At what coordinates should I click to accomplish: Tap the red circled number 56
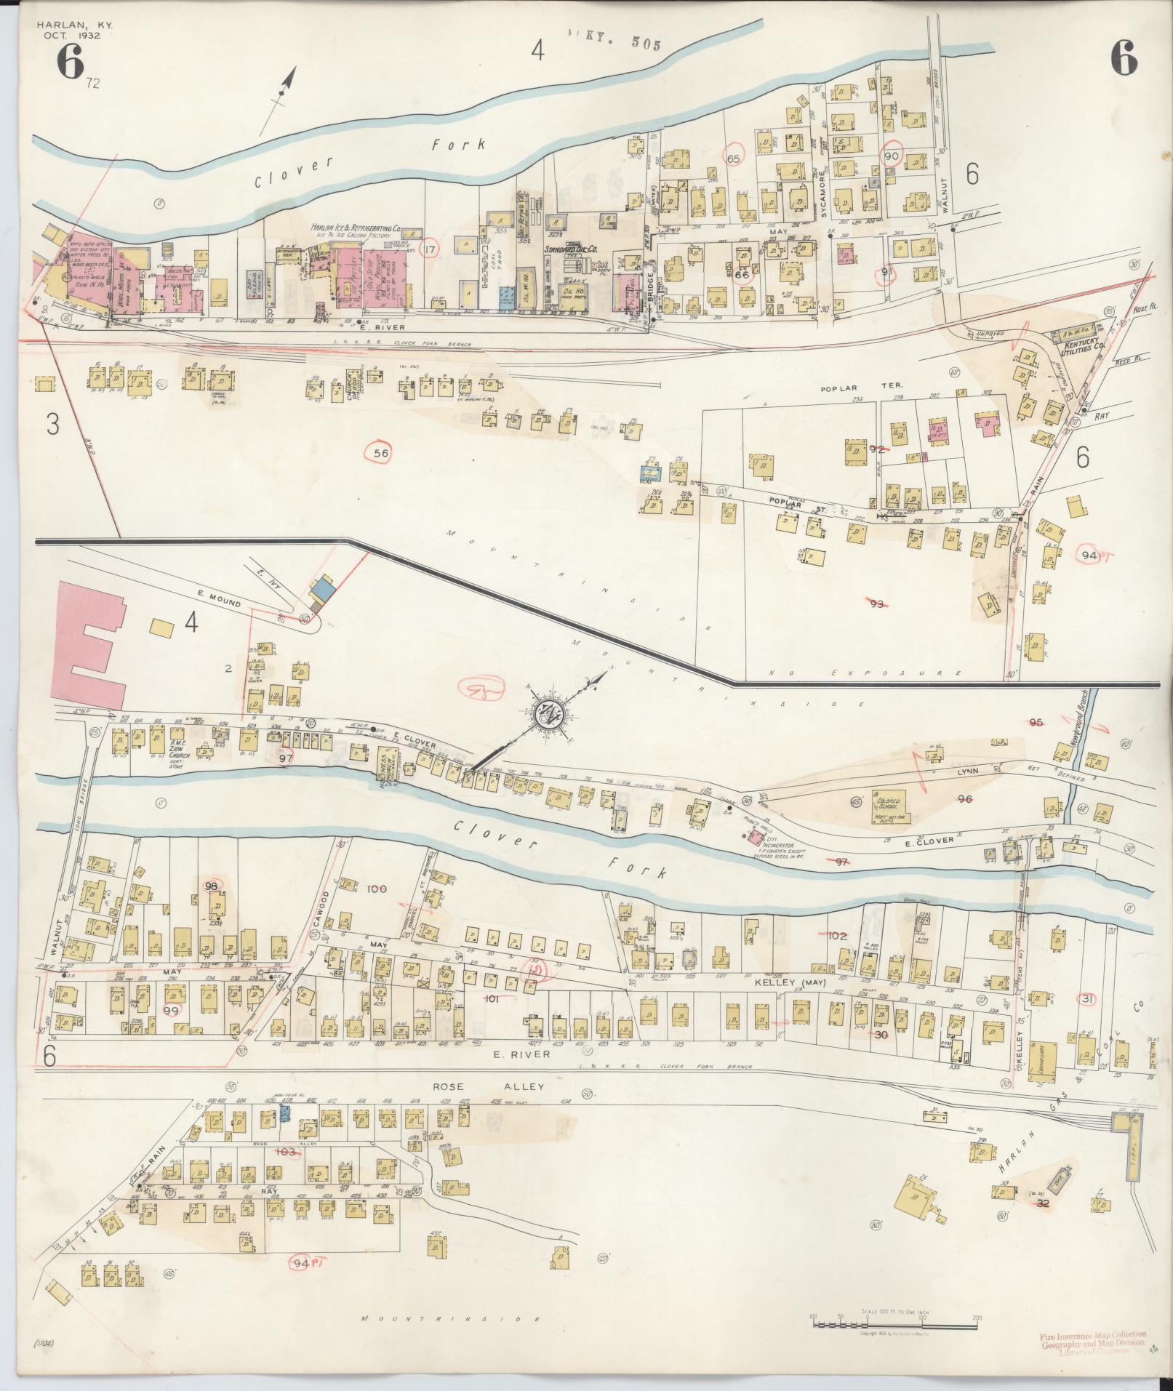(x=381, y=454)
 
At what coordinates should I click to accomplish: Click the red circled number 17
(x=431, y=249)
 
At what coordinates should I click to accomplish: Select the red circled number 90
(x=892, y=156)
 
